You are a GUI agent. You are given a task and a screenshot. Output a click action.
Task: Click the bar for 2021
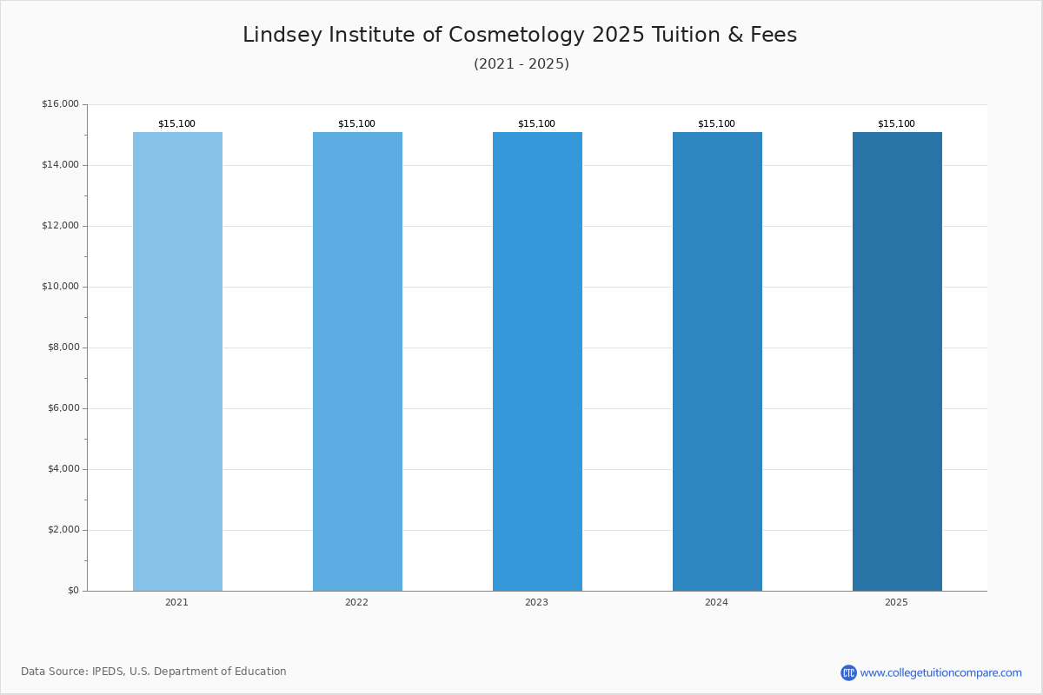click(177, 361)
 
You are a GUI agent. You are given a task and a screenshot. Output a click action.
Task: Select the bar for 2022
click(357, 361)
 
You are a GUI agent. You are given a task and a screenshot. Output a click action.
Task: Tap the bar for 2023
click(537, 361)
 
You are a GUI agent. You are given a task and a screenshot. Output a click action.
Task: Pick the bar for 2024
click(717, 361)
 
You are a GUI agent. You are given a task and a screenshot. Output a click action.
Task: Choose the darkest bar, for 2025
click(897, 361)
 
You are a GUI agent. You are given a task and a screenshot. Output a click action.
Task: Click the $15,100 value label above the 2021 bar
click(176, 124)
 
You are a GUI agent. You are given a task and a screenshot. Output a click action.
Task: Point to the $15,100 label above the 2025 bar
click(896, 124)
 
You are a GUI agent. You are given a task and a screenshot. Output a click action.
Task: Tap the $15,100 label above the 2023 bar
click(536, 124)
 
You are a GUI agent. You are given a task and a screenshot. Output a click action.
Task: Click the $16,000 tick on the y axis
click(60, 104)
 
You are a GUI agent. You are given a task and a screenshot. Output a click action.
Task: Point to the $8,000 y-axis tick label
click(63, 347)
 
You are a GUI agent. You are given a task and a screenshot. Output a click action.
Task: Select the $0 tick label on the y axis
click(72, 591)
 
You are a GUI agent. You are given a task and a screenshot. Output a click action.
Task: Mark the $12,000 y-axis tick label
click(60, 226)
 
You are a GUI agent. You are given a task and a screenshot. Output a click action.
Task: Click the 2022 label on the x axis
click(356, 603)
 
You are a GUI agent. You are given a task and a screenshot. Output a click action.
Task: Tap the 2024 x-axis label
click(716, 603)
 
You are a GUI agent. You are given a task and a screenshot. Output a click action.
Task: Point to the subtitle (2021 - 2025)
click(521, 64)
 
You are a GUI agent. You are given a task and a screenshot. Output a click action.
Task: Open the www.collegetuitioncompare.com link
click(940, 673)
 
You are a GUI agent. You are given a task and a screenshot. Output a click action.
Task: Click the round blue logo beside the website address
click(848, 673)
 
